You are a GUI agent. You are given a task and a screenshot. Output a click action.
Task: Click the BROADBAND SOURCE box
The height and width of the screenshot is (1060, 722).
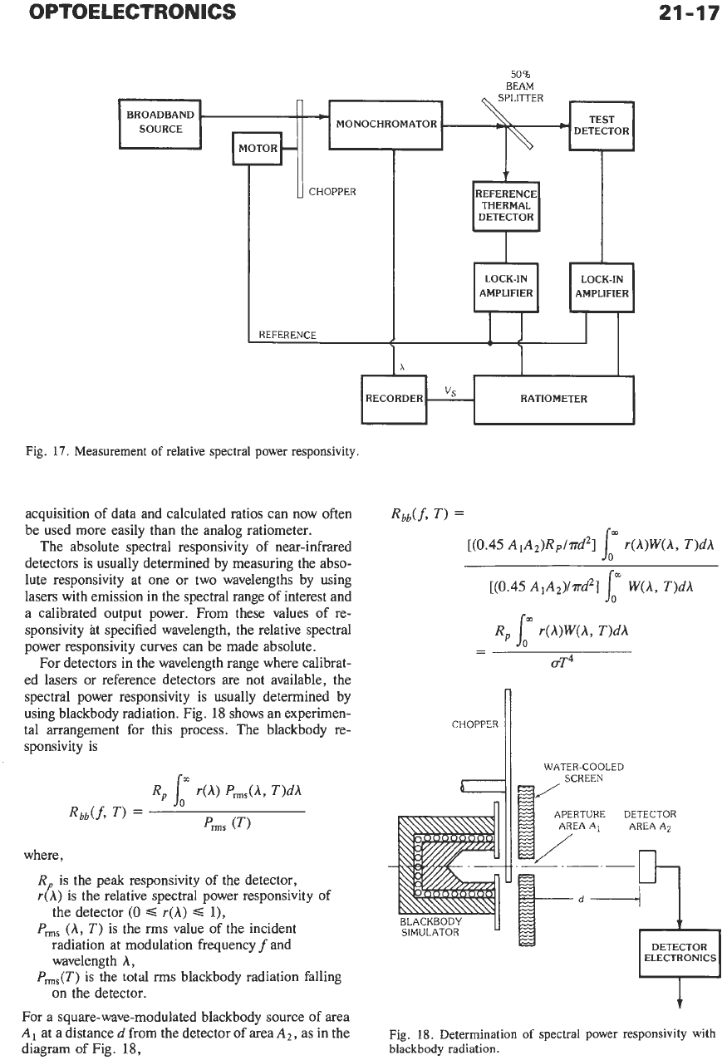[x=160, y=124]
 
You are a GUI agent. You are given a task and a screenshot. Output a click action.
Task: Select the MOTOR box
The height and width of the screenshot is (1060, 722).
[x=258, y=149]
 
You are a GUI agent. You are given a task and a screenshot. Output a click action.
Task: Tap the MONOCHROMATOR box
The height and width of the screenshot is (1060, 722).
[x=386, y=125]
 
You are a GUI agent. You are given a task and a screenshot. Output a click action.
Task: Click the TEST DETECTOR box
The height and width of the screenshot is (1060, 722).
[x=602, y=126]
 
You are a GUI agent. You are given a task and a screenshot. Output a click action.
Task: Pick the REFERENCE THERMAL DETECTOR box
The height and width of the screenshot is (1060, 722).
[x=506, y=206]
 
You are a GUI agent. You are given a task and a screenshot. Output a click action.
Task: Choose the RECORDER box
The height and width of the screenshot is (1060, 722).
[x=394, y=400]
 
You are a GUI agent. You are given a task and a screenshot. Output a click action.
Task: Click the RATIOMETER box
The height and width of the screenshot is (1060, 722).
[x=554, y=400]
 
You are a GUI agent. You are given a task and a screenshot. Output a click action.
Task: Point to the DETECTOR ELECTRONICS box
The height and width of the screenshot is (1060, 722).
[x=680, y=953]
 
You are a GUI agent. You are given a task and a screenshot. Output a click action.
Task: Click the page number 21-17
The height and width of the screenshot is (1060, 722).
[x=689, y=12]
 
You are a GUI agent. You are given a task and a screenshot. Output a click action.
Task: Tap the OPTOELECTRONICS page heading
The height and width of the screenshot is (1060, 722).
[x=132, y=12]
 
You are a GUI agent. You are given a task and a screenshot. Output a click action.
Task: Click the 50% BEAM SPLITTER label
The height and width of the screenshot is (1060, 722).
[x=520, y=86]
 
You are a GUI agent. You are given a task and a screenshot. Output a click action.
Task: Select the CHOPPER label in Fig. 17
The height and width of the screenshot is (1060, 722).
[x=332, y=192]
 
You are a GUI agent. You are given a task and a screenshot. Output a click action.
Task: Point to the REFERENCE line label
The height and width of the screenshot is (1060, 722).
[x=287, y=335]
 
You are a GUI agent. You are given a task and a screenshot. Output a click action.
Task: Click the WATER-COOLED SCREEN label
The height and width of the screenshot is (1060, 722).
[x=583, y=773]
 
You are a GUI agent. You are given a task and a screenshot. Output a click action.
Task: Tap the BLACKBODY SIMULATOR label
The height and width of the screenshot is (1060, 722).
[x=430, y=927]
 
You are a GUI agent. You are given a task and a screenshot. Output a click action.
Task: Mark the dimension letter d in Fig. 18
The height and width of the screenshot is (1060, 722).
[x=581, y=900]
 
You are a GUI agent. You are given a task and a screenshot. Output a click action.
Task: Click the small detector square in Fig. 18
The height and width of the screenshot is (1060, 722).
[x=647, y=866]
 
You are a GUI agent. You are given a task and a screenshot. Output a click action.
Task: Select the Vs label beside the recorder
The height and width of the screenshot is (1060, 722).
[x=450, y=391]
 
